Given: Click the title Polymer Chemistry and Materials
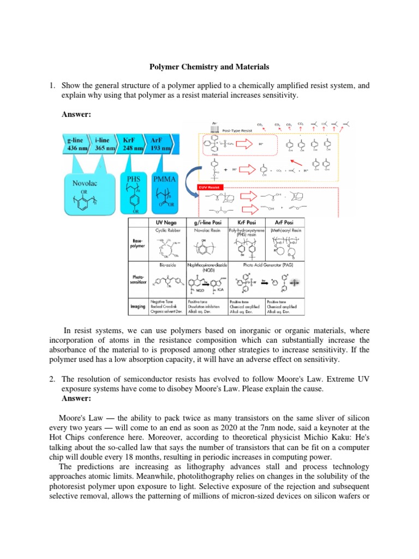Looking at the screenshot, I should tap(209, 67).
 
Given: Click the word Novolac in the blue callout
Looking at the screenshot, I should tap(85, 185).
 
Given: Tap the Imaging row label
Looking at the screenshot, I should tap(137, 306).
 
